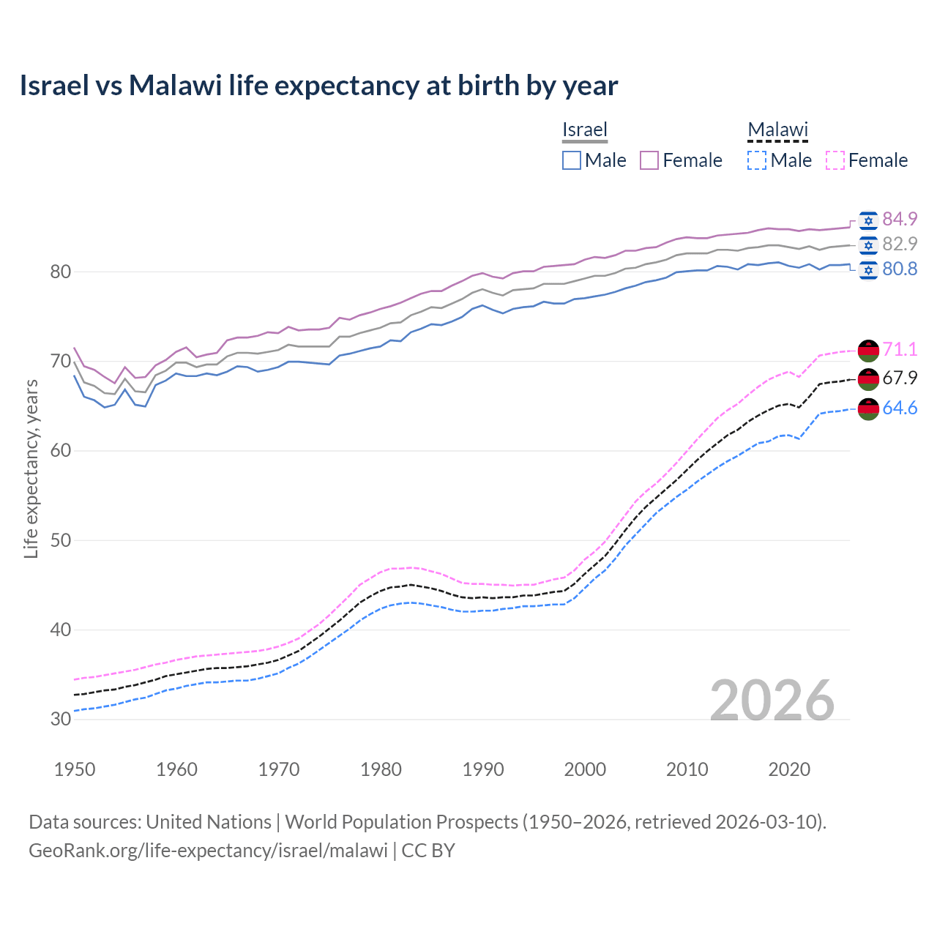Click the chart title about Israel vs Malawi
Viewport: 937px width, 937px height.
318,86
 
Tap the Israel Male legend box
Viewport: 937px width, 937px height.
572,160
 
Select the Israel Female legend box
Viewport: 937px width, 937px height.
649,160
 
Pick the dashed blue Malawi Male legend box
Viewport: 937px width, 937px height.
757,160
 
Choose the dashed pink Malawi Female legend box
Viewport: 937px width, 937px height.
835,160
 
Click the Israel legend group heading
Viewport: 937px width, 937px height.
585,130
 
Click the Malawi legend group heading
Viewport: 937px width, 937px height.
777,130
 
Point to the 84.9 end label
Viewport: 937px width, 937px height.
900,219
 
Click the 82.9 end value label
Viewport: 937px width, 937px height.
900,244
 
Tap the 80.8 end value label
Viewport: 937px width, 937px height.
900,269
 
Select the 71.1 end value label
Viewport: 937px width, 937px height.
900,349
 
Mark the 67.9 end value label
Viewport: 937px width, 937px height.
900,378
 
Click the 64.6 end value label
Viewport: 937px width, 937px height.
900,408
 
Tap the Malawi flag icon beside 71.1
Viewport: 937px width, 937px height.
868,350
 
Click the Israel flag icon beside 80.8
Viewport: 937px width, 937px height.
868,269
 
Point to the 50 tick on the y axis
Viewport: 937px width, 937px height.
61,540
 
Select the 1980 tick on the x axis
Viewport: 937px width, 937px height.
381,769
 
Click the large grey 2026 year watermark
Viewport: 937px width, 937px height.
772,701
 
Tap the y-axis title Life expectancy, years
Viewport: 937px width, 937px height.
31,468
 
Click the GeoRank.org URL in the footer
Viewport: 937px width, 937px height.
208,851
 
